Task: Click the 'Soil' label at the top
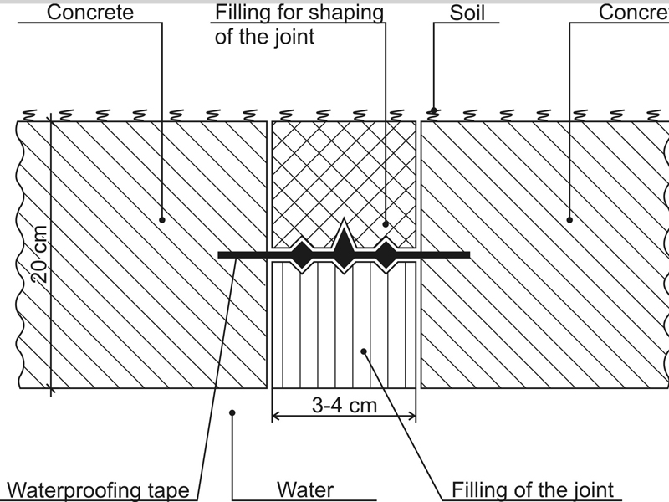click(467, 13)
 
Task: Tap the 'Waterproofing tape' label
click(99, 490)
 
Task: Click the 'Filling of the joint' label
click(533, 490)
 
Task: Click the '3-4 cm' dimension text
click(345, 406)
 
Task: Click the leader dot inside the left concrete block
click(162, 220)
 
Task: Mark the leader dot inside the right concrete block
click(570, 220)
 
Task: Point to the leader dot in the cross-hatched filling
click(385, 223)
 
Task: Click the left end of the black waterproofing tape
click(220, 254)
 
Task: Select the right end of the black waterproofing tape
click(467, 254)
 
